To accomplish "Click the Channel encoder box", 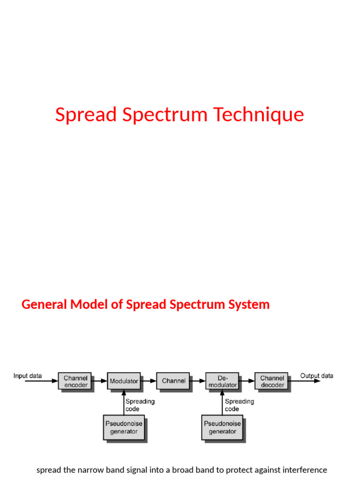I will coord(75,381).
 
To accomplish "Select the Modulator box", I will coord(124,381).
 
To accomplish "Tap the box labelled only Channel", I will coord(173,381).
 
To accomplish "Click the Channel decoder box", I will coord(272,381).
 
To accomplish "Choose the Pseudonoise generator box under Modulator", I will coord(124,427).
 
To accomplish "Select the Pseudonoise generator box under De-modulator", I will coord(223,427).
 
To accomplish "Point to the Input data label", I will coord(27,375).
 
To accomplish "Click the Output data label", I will coord(317,375).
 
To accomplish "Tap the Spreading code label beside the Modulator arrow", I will coord(140,405).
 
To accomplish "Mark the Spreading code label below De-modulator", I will coord(239,405).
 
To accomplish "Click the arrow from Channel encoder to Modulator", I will coord(100,381).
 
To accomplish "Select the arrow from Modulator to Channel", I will coord(149,381).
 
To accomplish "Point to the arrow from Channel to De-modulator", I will coord(198,381).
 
